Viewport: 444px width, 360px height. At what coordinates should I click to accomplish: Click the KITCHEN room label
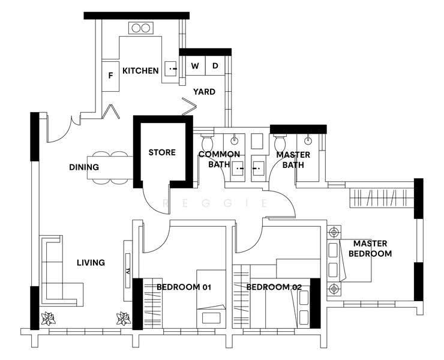[x=140, y=71]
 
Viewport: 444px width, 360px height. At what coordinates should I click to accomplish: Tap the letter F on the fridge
[x=111, y=76]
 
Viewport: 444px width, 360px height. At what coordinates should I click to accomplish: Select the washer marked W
[x=195, y=66]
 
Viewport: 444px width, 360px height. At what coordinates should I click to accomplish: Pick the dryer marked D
[x=215, y=66]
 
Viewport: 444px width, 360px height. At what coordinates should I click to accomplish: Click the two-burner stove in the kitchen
[x=141, y=28]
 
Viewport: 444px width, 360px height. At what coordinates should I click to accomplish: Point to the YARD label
[x=204, y=92]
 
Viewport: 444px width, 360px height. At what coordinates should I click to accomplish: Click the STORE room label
[x=162, y=152]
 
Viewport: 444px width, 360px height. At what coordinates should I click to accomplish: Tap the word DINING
[x=84, y=167]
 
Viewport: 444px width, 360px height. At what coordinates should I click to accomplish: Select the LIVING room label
[x=91, y=263]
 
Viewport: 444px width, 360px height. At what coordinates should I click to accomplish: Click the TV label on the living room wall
[x=128, y=271]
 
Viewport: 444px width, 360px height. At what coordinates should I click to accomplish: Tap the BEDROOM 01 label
[x=184, y=287]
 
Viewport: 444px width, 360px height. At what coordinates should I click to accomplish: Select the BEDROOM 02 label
[x=274, y=287]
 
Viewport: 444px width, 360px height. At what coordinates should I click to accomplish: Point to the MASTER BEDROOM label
[x=370, y=248]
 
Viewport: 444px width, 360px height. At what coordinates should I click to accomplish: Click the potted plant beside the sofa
[x=48, y=319]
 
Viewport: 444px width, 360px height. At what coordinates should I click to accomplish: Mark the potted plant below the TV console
[x=124, y=319]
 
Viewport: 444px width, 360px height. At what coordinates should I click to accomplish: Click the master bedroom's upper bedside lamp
[x=334, y=233]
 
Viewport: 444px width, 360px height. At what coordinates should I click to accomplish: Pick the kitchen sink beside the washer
[x=171, y=68]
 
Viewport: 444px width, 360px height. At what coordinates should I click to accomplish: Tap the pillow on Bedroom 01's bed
[x=211, y=317]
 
